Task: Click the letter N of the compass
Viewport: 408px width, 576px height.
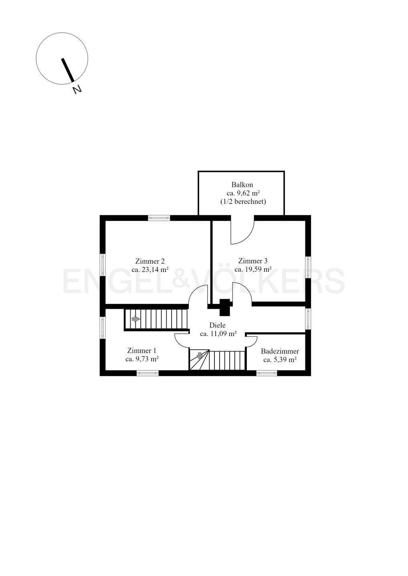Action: [77, 90]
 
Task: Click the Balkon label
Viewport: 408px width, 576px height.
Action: [242, 185]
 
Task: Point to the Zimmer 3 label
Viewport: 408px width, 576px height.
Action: [253, 261]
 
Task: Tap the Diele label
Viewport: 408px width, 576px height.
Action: [217, 325]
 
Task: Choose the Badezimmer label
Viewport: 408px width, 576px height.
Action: [280, 351]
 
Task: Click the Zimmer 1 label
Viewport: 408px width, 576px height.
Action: [141, 351]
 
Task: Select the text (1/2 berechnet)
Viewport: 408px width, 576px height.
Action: [243, 202]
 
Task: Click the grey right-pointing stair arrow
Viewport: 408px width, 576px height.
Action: [136, 319]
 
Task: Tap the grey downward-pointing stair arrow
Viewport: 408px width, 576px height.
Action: [200, 356]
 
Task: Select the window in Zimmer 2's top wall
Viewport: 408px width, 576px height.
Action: [159, 218]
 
